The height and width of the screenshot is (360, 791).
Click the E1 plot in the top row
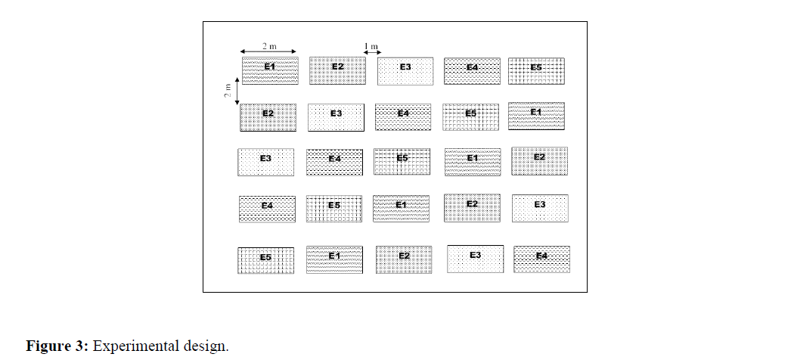(270, 70)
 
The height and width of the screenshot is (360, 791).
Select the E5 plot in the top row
(536, 70)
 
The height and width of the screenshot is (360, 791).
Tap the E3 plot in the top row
(405, 70)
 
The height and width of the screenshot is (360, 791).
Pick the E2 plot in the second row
(268, 117)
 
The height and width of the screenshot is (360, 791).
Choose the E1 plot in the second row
(536, 116)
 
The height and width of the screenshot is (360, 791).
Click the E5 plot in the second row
(470, 117)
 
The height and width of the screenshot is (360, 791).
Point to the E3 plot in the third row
(265, 162)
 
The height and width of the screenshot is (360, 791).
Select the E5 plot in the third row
(402, 162)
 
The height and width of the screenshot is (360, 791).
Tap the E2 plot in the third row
(539, 160)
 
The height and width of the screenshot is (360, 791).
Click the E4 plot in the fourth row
(267, 208)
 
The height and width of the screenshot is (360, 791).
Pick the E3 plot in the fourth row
(540, 208)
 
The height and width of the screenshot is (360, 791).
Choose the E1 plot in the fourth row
(401, 208)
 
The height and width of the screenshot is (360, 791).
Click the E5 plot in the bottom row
(265, 260)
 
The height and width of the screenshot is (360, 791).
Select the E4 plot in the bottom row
(541, 259)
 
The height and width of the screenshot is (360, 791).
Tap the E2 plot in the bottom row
(404, 259)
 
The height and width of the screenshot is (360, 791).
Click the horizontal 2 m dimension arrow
(269, 52)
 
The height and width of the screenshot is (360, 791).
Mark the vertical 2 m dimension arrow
(237, 91)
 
